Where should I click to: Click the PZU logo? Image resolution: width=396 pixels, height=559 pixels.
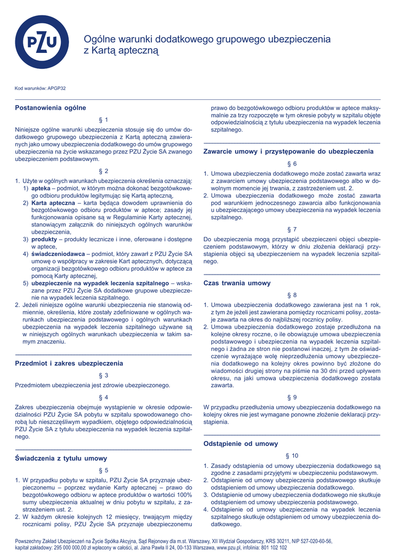42,42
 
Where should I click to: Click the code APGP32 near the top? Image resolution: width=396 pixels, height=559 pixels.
57,88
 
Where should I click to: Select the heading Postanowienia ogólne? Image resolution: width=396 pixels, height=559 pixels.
50,108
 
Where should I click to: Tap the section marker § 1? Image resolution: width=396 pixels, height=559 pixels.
103,120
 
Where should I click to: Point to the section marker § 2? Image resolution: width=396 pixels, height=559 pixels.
103,171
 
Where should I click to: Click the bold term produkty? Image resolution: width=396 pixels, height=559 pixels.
44,239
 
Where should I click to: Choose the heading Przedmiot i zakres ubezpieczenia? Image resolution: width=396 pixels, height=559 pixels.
69,362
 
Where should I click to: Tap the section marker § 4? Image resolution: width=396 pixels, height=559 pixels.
103,397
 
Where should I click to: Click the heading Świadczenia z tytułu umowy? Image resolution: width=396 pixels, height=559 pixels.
61,458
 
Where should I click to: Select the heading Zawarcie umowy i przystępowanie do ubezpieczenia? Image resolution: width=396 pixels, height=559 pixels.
288,151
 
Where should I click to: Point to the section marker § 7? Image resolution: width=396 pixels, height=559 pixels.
292,229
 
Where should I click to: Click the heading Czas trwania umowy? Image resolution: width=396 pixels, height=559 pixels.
237,283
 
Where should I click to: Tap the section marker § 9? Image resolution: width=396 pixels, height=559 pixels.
292,397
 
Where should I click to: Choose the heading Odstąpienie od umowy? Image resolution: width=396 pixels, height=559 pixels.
241,443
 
